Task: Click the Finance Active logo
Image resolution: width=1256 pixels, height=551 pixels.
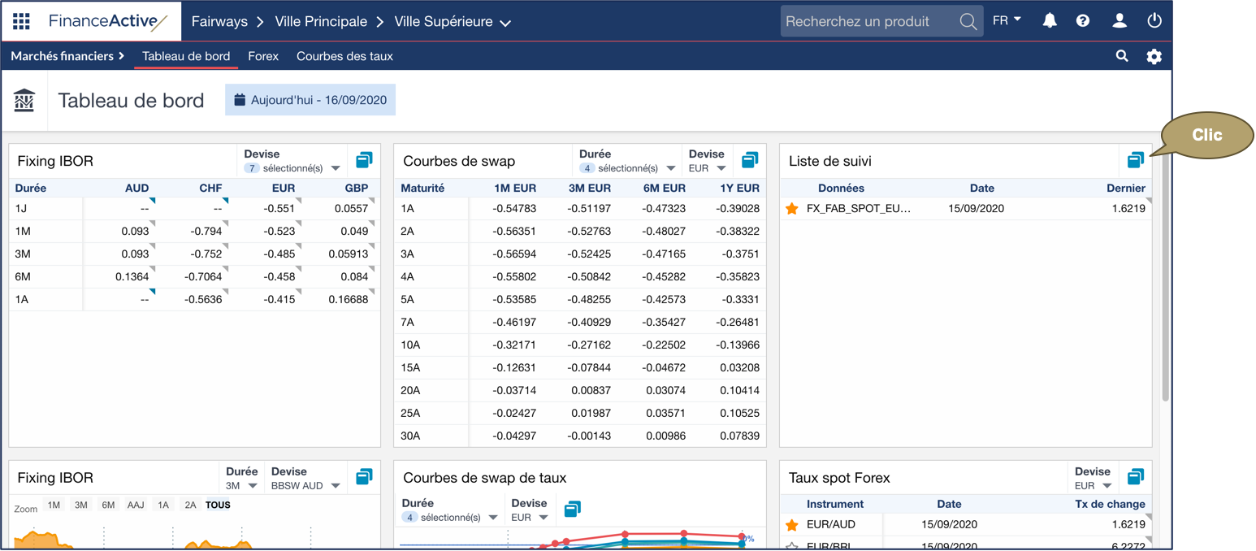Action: tap(108, 21)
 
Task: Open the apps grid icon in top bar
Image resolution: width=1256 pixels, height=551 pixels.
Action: tap(22, 21)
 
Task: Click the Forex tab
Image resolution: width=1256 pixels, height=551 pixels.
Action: tap(263, 56)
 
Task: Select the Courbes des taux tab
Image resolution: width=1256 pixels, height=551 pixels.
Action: tap(344, 56)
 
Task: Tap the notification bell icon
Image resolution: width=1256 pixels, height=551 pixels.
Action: tap(1050, 21)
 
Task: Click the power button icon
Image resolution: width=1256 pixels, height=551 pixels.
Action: tap(1154, 21)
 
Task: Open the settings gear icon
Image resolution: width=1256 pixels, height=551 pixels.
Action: tap(1154, 56)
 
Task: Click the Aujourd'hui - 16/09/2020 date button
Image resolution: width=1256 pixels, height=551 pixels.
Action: tap(310, 100)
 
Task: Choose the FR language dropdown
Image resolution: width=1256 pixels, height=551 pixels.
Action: tap(1007, 21)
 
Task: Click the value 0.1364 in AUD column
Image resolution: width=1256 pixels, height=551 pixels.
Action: tap(132, 276)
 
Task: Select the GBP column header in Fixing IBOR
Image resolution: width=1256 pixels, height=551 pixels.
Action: tap(356, 188)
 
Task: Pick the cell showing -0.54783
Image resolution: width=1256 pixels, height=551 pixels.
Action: tap(514, 208)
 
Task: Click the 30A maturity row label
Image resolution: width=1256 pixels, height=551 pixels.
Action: tap(410, 436)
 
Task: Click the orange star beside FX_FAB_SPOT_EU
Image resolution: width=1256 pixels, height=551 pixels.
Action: tap(792, 209)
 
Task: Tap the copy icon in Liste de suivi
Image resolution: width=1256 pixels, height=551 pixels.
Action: tap(1135, 160)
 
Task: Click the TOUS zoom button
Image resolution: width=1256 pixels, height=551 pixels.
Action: tap(218, 505)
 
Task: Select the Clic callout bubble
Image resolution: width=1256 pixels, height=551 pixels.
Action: tap(1207, 135)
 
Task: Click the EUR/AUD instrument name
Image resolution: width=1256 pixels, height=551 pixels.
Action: tap(831, 524)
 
